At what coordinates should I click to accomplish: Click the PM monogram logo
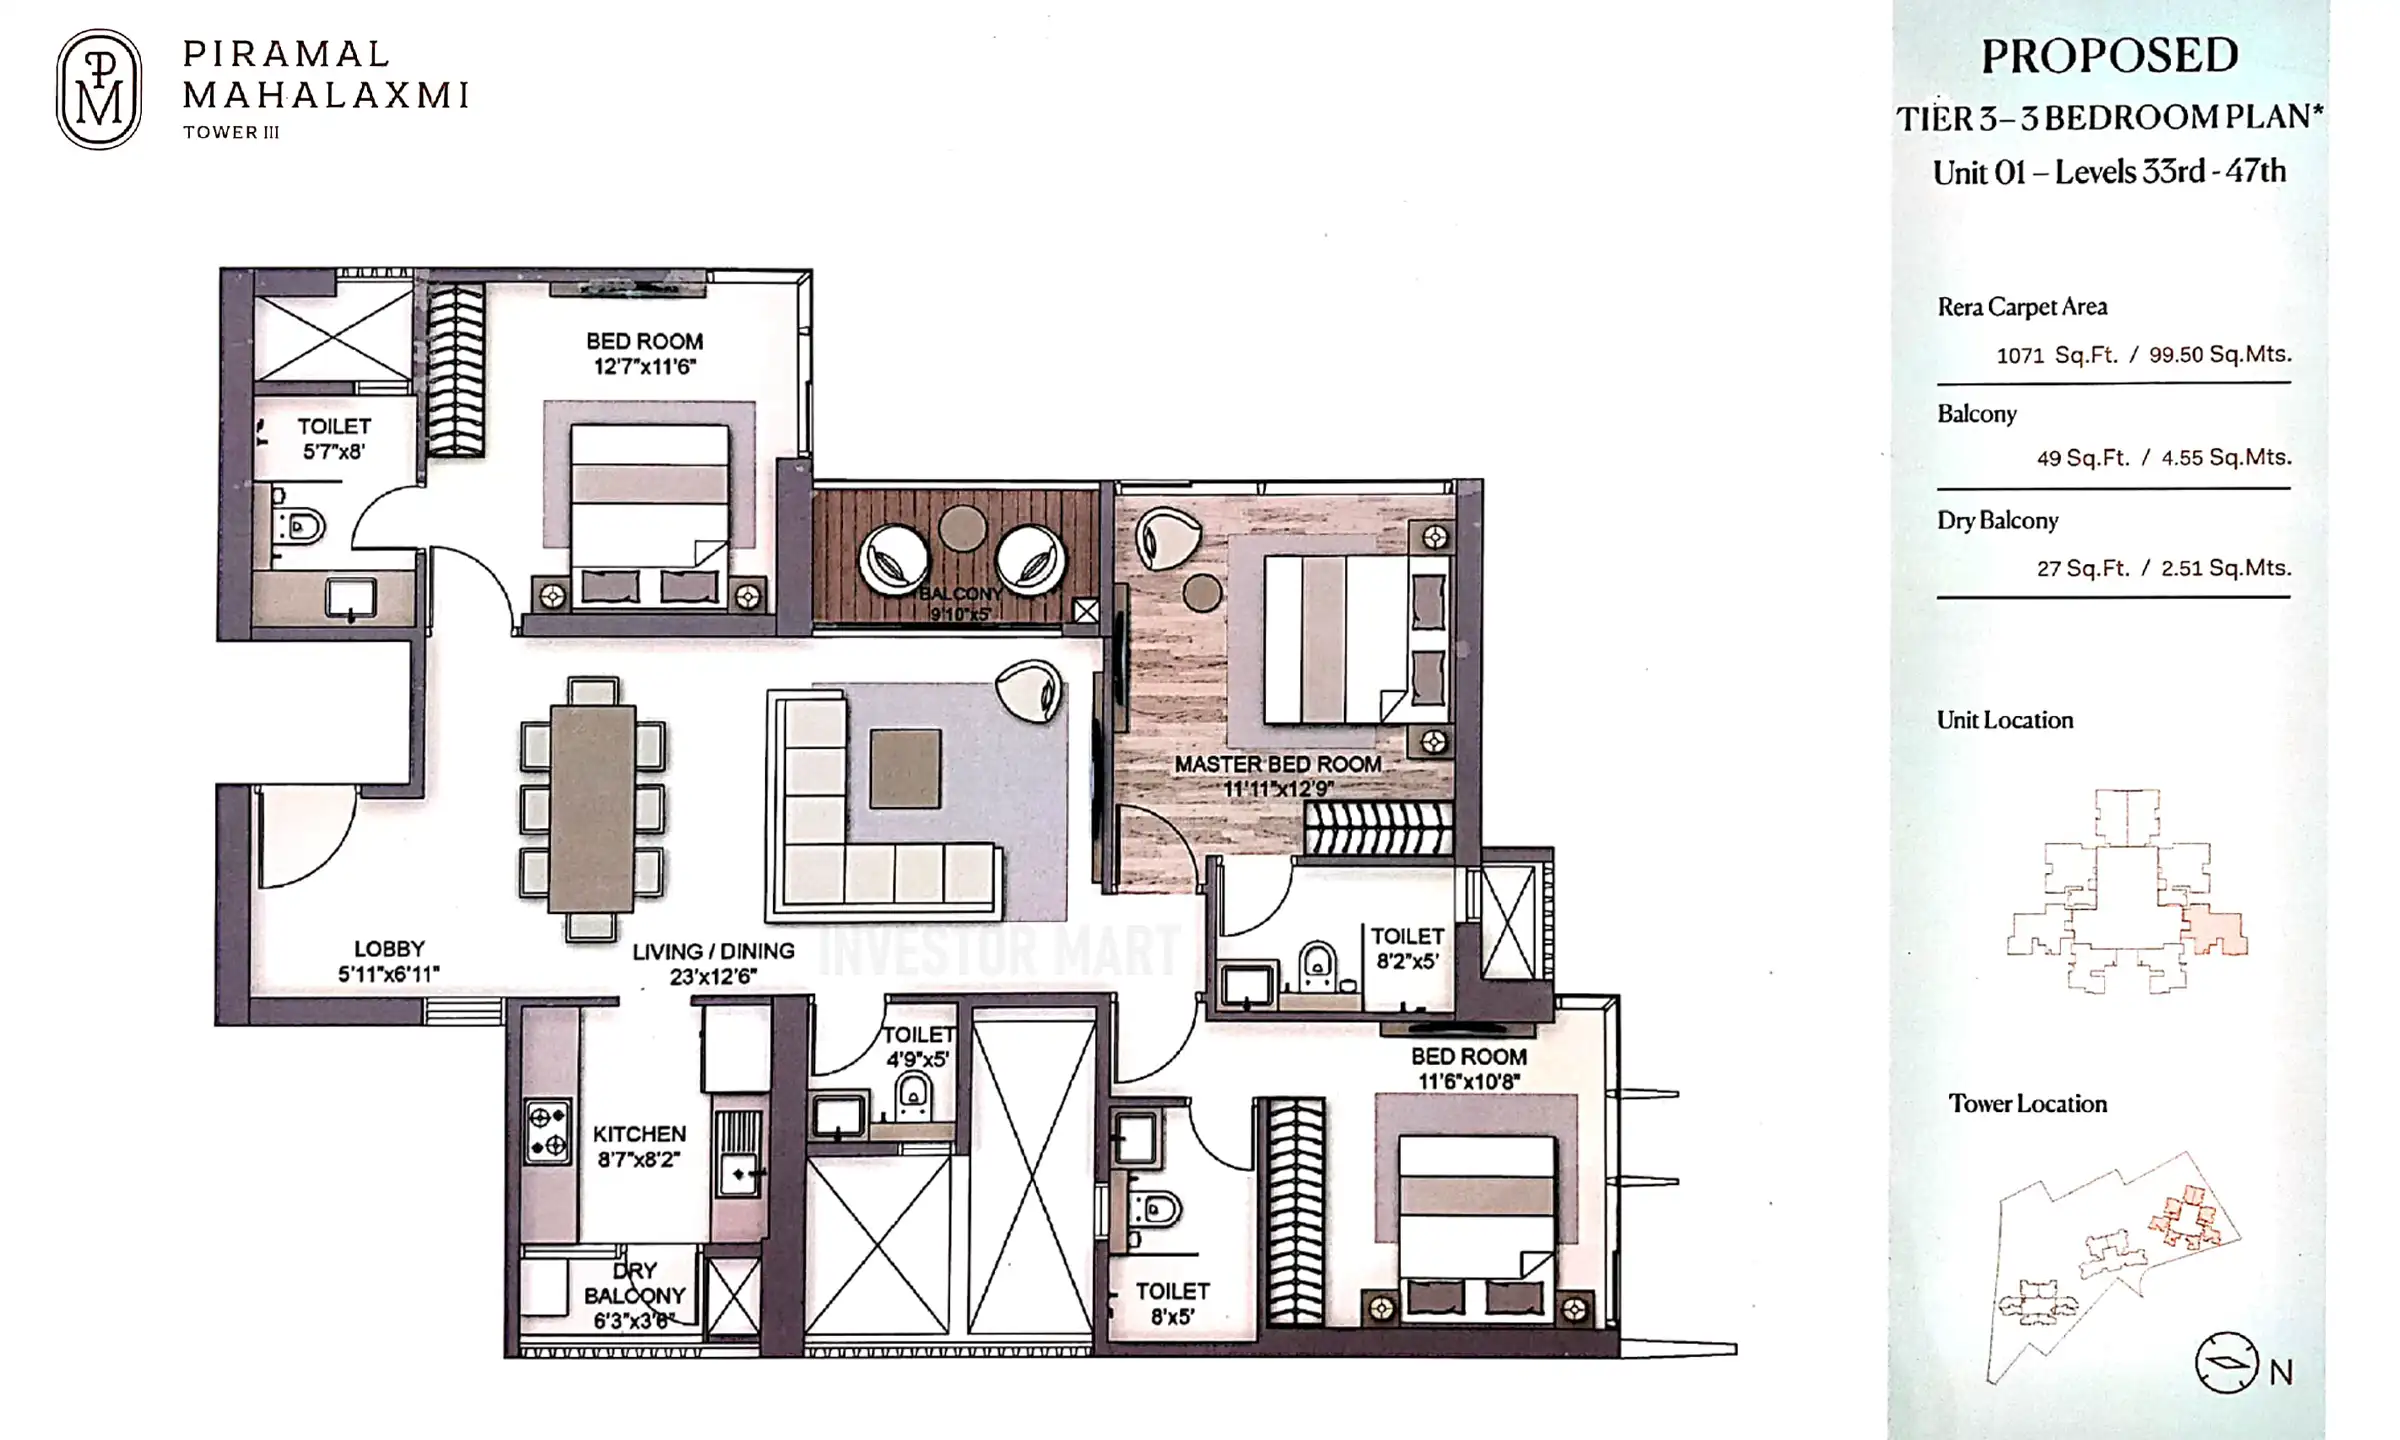[x=98, y=89]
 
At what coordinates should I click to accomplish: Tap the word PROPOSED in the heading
[x=2110, y=56]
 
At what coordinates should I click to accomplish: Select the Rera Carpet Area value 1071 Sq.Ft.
[x=2057, y=355]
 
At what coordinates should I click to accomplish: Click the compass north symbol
[x=2226, y=1362]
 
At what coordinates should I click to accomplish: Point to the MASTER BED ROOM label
[x=1278, y=765]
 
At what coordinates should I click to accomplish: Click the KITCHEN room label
[x=639, y=1134]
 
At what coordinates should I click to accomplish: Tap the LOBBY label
[x=389, y=949]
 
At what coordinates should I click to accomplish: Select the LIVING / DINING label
[x=713, y=952]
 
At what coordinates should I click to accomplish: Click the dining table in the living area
[x=592, y=808]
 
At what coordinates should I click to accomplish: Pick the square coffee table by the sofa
[x=905, y=768]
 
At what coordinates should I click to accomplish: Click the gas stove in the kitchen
[x=548, y=1131]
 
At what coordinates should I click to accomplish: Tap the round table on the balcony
[x=962, y=527]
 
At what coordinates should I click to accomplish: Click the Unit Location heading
[x=2005, y=720]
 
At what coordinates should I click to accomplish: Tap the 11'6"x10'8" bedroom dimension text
[x=1469, y=1082]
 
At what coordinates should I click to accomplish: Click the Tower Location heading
[x=2027, y=1104]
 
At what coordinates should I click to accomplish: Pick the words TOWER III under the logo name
[x=231, y=132]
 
